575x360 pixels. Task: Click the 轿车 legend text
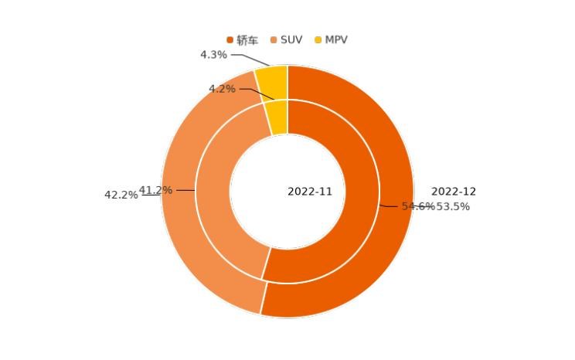pos(247,39)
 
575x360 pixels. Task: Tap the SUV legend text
pos(291,39)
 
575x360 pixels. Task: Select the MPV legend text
pos(336,39)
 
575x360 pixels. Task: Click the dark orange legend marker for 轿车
pos(230,39)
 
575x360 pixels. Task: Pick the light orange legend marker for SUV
pos(274,39)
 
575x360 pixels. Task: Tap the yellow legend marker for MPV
pos(318,39)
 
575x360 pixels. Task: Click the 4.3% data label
pos(213,55)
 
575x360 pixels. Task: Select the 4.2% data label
pos(222,89)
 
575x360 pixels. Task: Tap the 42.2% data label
pos(121,195)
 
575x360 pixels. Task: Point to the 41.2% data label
pos(155,190)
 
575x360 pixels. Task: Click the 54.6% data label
pos(417,206)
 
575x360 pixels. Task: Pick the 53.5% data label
pos(454,206)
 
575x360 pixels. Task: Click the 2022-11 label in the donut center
pos(310,192)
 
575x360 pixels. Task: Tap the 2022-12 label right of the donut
pos(454,192)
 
